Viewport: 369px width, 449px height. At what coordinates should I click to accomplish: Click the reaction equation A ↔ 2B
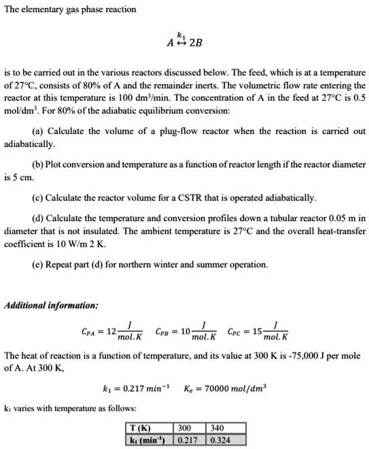coord(184,44)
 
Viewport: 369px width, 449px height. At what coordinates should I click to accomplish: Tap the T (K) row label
coord(144,429)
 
